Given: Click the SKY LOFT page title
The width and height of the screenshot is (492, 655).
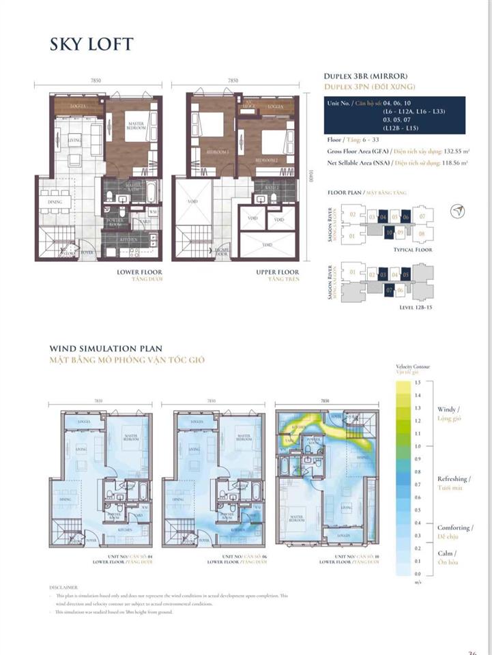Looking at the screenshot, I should pos(91,44).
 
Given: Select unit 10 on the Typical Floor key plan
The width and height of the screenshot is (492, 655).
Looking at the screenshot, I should pos(388,233).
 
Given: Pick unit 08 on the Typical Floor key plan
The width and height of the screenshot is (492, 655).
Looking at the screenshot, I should pos(422,234).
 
